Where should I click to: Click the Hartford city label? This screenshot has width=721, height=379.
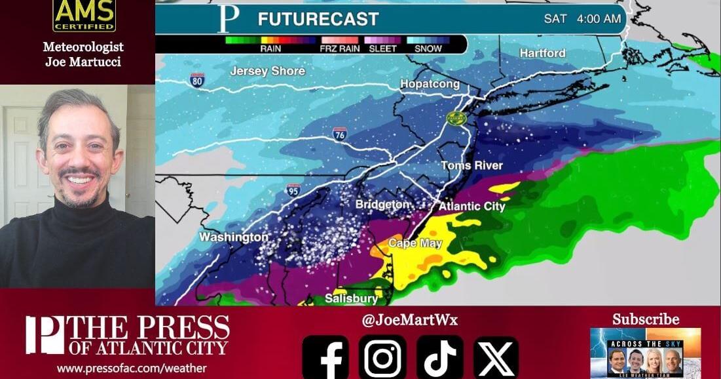pyautogui.click(x=542, y=53)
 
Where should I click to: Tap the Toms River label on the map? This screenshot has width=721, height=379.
pyautogui.click(x=471, y=166)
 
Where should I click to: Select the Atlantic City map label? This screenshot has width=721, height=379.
pyautogui.click(x=471, y=207)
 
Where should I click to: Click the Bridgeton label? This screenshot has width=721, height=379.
pyautogui.click(x=382, y=205)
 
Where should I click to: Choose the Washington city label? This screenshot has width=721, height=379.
pyautogui.click(x=233, y=237)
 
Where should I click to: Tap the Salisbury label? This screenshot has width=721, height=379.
pyautogui.click(x=352, y=299)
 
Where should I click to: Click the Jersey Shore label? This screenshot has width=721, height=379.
pyautogui.click(x=267, y=71)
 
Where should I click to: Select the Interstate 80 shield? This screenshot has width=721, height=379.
pyautogui.click(x=197, y=80)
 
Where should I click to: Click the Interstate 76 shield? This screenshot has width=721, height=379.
pyautogui.click(x=339, y=134)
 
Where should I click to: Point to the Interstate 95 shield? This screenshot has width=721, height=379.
pyautogui.click(x=293, y=190)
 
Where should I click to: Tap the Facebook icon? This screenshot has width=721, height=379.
pyautogui.click(x=325, y=357)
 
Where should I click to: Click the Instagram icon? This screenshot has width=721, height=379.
pyautogui.click(x=382, y=357)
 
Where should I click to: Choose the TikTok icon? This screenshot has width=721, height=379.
pyautogui.click(x=439, y=357)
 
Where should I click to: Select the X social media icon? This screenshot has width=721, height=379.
pyautogui.click(x=496, y=357)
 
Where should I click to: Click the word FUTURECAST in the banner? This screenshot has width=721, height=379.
pyautogui.click(x=318, y=19)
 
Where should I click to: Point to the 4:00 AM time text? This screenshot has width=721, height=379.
pyautogui.click(x=599, y=19)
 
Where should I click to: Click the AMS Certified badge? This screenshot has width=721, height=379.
pyautogui.click(x=84, y=16)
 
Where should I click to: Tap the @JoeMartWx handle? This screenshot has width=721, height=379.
pyautogui.click(x=410, y=320)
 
